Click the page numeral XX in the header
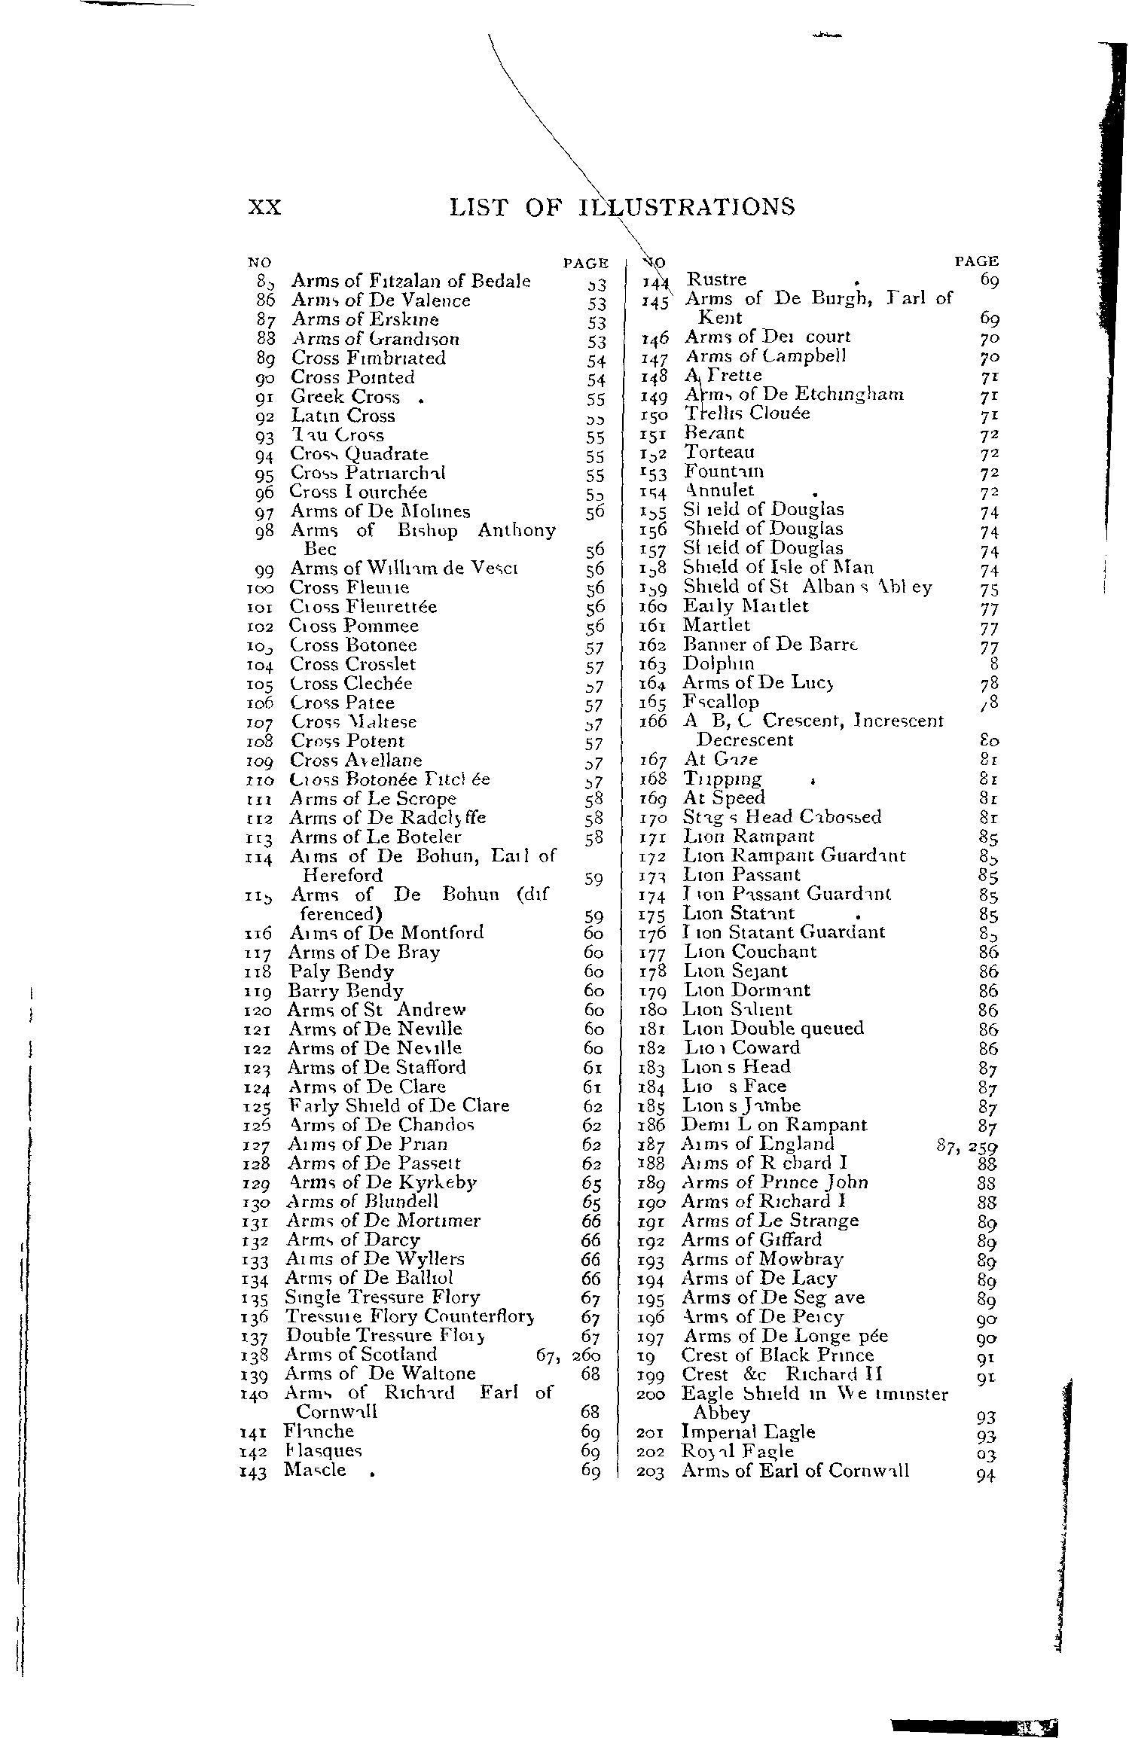pyautogui.click(x=264, y=207)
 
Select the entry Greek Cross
pyautogui.click(x=346, y=397)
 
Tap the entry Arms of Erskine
pyautogui.click(x=365, y=319)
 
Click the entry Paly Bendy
pyautogui.click(x=341, y=971)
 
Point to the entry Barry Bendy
pyautogui.click(x=346, y=991)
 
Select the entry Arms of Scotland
pyautogui.click(x=361, y=1355)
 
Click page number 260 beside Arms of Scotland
pyautogui.click(x=586, y=1355)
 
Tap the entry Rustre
pyautogui.click(x=716, y=280)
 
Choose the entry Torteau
pyautogui.click(x=719, y=452)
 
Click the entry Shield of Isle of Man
pyautogui.click(x=778, y=568)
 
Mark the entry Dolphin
pyautogui.click(x=718, y=664)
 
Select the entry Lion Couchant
pyautogui.click(x=749, y=952)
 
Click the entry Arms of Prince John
pyautogui.click(x=774, y=1182)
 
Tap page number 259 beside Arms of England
pyautogui.click(x=983, y=1145)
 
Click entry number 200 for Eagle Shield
pyautogui.click(x=651, y=1395)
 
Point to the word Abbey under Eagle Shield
pyautogui.click(x=722, y=1413)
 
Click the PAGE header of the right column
pyautogui.click(x=976, y=261)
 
